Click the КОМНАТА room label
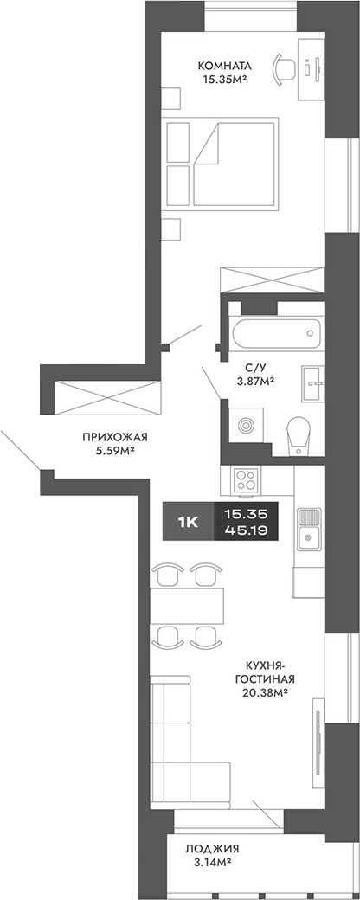click(224, 65)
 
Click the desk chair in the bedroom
click(282, 67)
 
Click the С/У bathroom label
click(255, 366)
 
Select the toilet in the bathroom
click(299, 434)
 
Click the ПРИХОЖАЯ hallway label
click(106, 436)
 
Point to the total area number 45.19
click(246, 530)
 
